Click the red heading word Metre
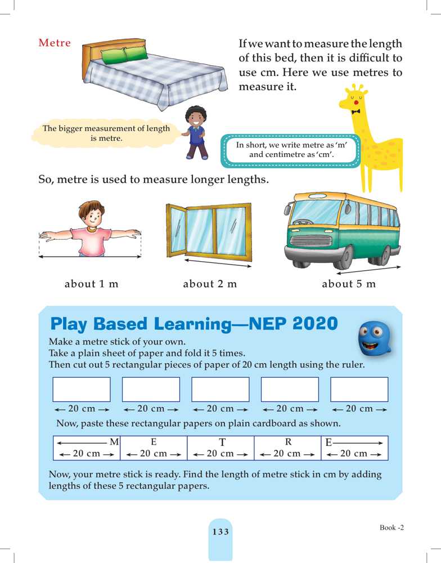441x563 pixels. coord(55,43)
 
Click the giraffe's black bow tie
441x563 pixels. coord(355,111)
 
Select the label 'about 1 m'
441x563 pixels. coord(92,284)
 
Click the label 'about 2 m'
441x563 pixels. coord(210,284)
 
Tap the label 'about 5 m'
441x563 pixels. coord(348,284)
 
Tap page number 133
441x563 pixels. coord(220,532)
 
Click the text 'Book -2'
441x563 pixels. coord(391,528)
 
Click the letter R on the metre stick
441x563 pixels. coord(287,442)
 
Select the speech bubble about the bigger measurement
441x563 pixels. coord(106,133)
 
